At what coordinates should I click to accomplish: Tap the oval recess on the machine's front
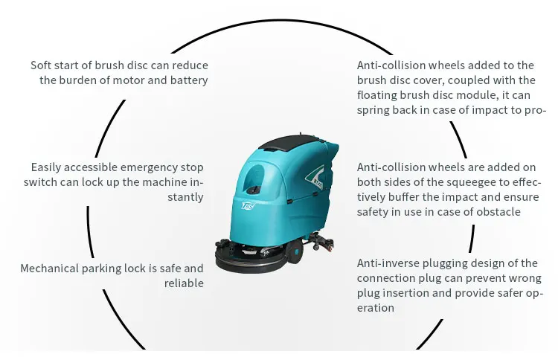click(254, 178)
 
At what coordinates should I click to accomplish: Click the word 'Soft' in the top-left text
click(42, 65)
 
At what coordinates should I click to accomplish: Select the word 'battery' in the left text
click(189, 80)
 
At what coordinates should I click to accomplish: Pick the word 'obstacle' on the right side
click(497, 211)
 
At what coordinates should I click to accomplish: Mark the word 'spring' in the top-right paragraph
click(373, 109)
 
